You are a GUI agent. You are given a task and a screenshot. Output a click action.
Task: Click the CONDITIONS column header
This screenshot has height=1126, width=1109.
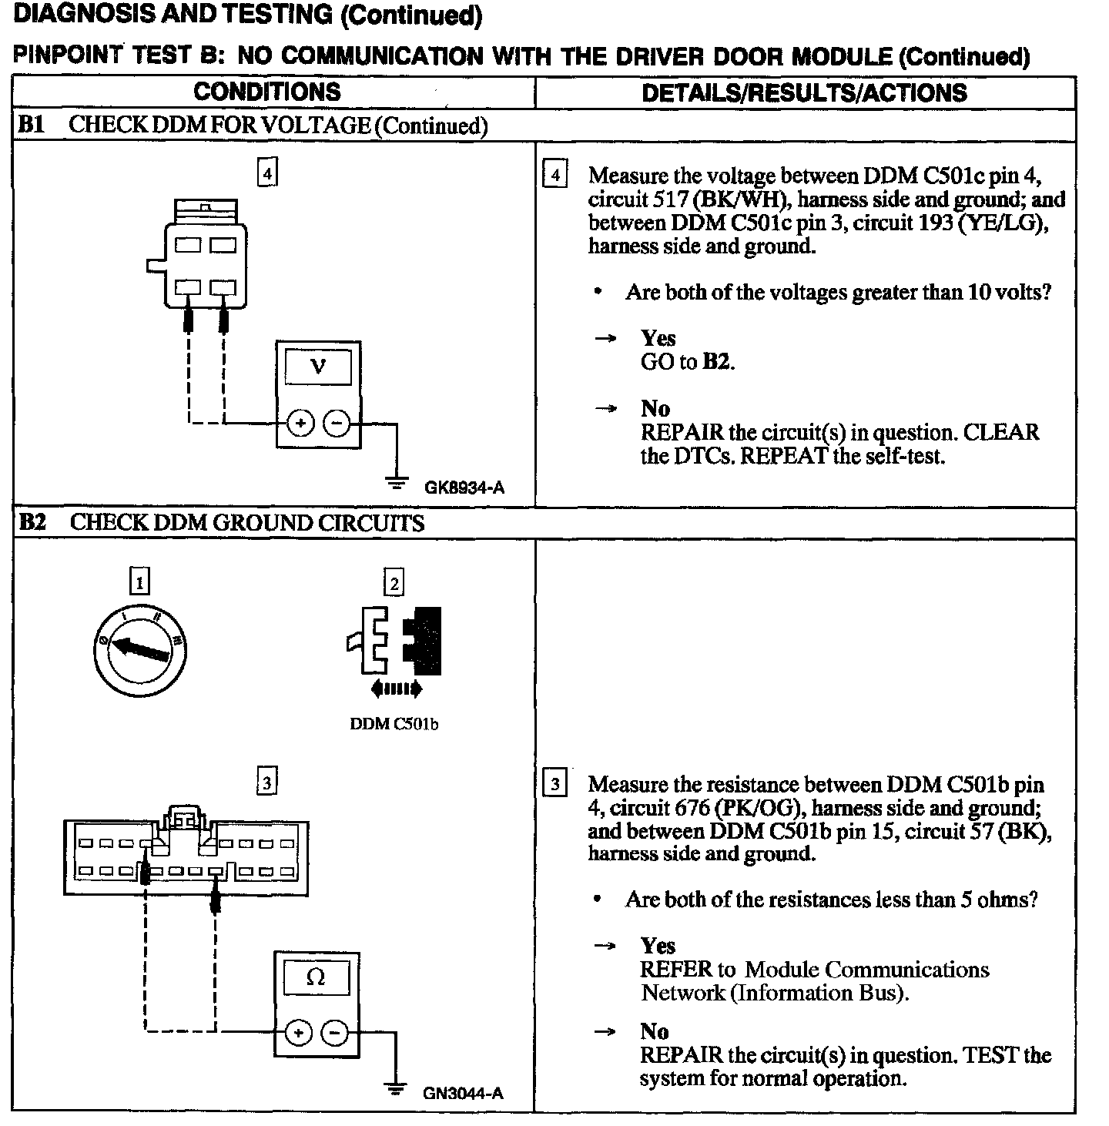point(266,92)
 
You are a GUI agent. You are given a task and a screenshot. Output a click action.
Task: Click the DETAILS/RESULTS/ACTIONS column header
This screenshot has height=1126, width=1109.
point(804,93)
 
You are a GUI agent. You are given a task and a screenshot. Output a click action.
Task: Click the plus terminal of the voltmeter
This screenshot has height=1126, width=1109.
point(300,424)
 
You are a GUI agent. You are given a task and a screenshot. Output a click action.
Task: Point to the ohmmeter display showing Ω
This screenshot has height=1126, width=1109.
point(316,977)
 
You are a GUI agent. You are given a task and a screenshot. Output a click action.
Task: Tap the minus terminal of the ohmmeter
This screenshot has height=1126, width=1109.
point(334,1033)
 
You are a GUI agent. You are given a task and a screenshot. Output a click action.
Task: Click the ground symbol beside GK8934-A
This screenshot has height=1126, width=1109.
point(397,484)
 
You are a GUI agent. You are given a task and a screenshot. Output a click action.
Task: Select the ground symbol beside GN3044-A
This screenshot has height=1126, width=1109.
point(396,1089)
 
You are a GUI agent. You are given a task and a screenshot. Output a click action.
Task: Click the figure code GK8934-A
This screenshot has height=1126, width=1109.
point(464,488)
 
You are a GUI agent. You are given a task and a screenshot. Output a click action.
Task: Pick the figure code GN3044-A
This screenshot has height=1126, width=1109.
point(463,1094)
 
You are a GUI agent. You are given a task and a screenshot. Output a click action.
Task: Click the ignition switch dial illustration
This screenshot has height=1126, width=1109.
point(141,648)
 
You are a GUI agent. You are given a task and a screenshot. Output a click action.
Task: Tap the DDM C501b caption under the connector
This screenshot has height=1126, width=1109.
point(394,724)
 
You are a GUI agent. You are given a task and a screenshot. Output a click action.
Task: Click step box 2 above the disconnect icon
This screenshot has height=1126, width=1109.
point(394,583)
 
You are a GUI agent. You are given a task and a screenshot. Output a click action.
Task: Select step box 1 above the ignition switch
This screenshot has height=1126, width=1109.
point(139,582)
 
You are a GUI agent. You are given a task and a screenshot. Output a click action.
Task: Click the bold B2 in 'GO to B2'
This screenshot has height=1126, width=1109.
point(716,362)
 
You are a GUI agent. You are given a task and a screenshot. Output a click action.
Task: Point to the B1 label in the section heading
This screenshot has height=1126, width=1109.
point(32,126)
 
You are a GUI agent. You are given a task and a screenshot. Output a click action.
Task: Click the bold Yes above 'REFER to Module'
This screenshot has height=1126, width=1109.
point(658,946)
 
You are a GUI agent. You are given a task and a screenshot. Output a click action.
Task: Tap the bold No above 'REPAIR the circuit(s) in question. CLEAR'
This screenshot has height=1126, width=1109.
point(655,409)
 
